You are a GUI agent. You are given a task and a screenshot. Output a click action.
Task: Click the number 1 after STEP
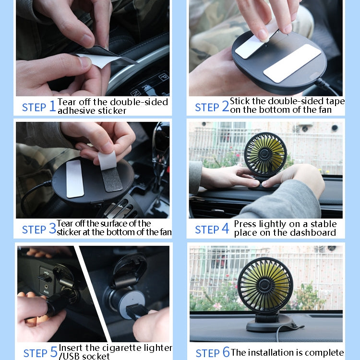(x=52, y=107)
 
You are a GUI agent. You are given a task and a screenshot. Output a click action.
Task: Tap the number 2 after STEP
(x=225, y=107)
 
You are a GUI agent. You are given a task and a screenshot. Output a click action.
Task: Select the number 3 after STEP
(x=52, y=229)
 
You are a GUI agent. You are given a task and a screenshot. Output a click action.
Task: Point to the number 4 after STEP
(x=225, y=229)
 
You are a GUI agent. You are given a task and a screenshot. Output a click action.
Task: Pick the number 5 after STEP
(x=53, y=353)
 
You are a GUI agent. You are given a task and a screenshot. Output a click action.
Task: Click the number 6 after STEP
(x=226, y=353)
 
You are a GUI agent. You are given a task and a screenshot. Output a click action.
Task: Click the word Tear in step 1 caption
(x=66, y=102)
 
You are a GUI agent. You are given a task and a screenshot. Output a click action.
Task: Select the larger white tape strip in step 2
(x=292, y=62)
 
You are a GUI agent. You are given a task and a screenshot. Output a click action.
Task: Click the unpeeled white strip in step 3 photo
(x=75, y=178)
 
